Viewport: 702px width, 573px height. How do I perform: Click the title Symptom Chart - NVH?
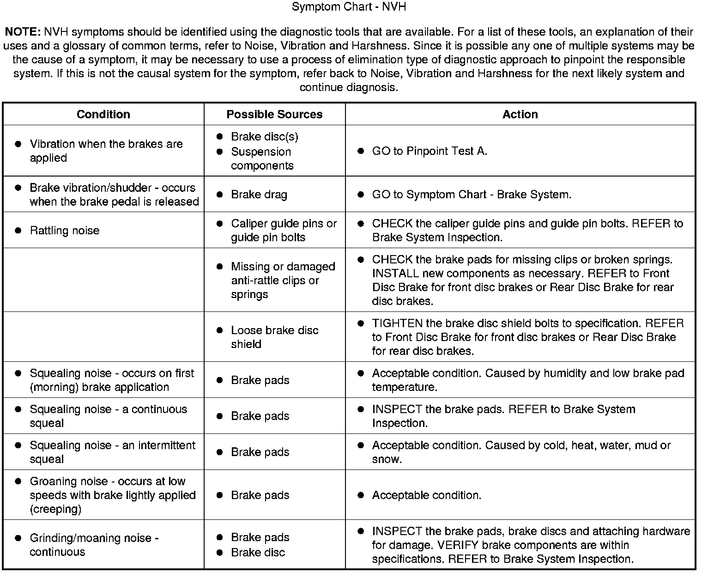[349, 7]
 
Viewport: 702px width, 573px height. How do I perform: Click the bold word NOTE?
[23, 32]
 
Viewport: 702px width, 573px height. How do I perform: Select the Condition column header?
[103, 114]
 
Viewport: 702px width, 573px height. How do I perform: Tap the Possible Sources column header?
[274, 114]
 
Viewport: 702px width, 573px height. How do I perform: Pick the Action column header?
[520, 114]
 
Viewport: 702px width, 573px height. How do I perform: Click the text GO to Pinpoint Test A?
[430, 151]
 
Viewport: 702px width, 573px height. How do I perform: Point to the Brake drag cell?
[259, 195]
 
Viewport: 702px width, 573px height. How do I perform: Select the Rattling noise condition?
[64, 231]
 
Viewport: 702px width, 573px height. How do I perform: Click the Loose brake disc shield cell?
[274, 337]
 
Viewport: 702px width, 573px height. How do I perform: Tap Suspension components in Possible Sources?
[262, 158]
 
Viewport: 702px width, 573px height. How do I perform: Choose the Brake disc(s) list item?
[264, 137]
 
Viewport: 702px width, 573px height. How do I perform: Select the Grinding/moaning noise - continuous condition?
[94, 545]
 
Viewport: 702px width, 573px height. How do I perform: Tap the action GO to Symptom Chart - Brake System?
[472, 195]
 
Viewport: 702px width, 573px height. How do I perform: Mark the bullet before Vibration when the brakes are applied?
[18, 144]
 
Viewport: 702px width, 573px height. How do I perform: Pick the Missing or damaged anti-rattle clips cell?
[283, 280]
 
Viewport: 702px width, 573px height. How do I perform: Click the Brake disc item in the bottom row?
[258, 552]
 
